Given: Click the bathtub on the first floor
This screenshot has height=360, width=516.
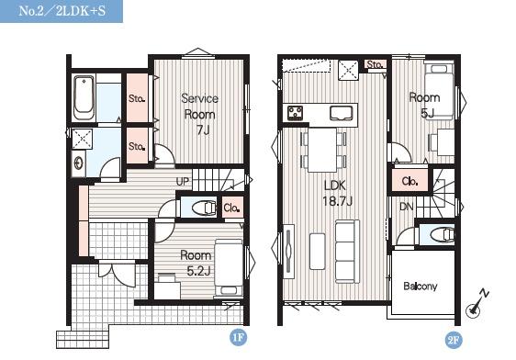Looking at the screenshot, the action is point(84,97).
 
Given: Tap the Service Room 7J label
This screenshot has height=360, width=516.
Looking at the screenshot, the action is point(199,114).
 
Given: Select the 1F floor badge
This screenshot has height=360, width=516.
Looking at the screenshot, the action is point(238,337).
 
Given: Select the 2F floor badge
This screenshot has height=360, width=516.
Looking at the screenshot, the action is point(454,340).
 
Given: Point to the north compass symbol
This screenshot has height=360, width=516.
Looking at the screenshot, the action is point(476,304).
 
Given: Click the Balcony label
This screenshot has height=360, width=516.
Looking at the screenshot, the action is point(421,286).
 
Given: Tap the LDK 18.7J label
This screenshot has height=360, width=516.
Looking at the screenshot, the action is point(337,193).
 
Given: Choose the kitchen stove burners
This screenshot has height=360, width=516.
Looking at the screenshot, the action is point(296,113).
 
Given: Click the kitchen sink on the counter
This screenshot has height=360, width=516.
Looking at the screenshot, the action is point(342,113).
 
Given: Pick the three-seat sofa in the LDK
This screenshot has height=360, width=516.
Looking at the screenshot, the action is point(347,252).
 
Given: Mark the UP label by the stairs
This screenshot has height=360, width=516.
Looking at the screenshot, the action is point(183,181).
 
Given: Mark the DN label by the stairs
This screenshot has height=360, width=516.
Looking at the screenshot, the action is point(406,207).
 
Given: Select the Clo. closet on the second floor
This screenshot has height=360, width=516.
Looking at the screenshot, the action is point(409,180).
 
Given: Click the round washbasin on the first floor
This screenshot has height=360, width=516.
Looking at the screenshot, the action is point(79,163).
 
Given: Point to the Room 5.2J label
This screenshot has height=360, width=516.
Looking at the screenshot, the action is point(196,263).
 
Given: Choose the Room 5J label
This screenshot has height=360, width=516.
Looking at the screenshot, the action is point(425,105).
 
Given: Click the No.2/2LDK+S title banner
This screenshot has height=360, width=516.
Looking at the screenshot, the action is point(62,11).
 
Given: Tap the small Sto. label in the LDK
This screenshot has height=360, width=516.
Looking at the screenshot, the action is point(375,64).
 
